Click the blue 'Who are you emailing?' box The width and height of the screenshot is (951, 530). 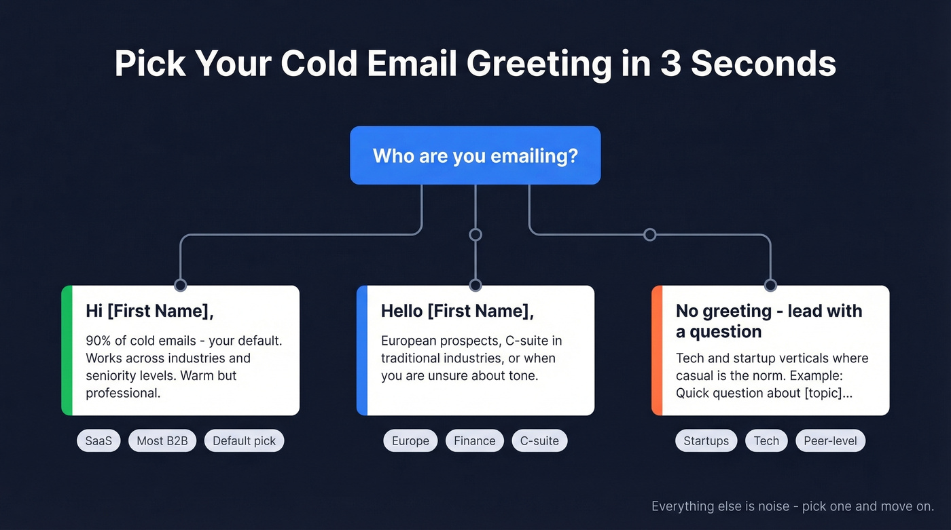[475, 155]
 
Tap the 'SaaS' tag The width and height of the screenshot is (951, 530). [98, 441]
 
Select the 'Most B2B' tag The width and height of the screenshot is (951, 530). [162, 441]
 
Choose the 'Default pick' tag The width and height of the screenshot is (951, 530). [244, 441]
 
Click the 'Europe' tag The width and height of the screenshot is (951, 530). [410, 441]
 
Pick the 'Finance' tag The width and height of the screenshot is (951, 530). [474, 441]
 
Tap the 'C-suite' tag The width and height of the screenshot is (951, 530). [539, 441]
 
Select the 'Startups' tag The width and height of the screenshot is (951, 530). [706, 441]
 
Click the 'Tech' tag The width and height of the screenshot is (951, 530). [766, 441]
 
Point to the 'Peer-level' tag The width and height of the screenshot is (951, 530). [830, 441]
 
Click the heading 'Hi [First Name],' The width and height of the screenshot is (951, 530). [149, 311]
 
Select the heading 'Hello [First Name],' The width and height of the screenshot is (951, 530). [457, 311]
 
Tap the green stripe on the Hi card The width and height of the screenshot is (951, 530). [66, 350]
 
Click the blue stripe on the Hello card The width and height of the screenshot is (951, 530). [361, 350]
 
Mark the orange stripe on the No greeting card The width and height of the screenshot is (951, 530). [656, 350]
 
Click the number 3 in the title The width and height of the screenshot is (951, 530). [671, 64]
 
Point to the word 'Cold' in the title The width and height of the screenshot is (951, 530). [319, 64]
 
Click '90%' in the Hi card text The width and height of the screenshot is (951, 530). [99, 341]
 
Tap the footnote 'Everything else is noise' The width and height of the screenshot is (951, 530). [720, 506]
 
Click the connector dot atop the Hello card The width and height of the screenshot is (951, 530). [475, 285]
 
